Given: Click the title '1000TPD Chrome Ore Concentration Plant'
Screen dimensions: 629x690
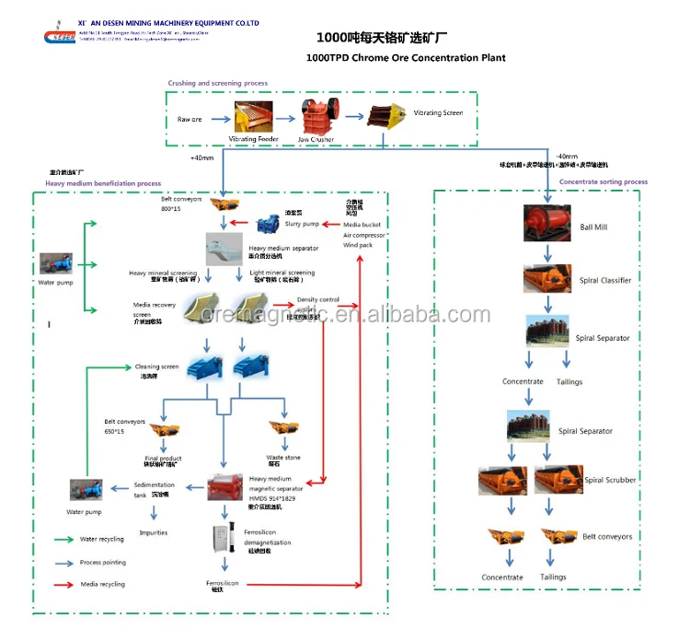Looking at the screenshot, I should pyautogui.click(x=404, y=58).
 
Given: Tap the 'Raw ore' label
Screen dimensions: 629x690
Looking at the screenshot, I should pyautogui.click(x=190, y=120).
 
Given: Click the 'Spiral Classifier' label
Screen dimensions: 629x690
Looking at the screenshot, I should pyautogui.click(x=604, y=280).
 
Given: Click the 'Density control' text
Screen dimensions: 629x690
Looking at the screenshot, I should pyautogui.click(x=317, y=299).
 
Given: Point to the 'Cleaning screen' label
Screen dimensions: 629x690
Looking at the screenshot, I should pyautogui.click(x=156, y=367).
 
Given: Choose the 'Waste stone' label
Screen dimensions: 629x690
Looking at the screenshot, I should pyautogui.click(x=283, y=457).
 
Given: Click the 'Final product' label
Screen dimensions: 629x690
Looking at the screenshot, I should pyautogui.click(x=163, y=458).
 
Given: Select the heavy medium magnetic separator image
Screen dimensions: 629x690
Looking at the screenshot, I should pyautogui.click(x=226, y=488).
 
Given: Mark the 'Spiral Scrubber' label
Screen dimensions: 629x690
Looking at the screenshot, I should pyautogui.click(x=610, y=480).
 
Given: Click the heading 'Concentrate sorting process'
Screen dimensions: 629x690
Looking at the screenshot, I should pyautogui.click(x=603, y=181).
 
